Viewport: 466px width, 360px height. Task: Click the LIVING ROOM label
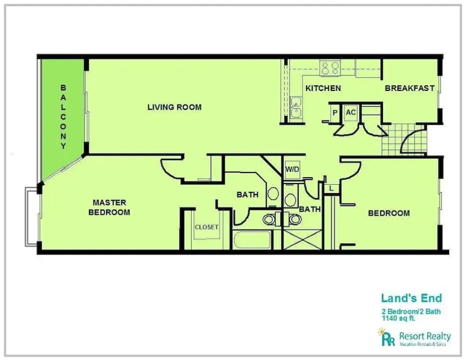(174, 107)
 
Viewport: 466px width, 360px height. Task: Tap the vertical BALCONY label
(63, 117)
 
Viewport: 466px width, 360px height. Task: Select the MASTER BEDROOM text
(110, 207)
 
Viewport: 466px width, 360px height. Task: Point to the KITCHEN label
(323, 89)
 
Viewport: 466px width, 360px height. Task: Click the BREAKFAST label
(409, 89)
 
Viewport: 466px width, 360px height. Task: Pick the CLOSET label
(207, 227)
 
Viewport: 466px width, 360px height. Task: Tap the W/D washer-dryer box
(292, 170)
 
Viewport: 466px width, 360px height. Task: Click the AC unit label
(351, 112)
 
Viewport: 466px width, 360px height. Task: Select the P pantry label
(335, 113)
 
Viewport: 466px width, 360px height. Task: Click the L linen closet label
(332, 188)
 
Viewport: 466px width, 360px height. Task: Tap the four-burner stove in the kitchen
(330, 68)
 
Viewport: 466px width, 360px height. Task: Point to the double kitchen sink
(296, 107)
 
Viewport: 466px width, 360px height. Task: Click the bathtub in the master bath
(252, 240)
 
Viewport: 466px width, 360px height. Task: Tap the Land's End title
(412, 298)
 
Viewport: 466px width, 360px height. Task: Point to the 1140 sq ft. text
(398, 318)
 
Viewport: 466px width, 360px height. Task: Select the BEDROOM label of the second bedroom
(389, 213)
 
